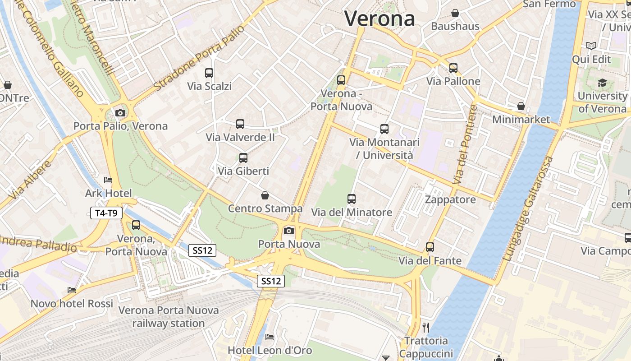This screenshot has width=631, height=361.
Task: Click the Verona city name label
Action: [380, 19]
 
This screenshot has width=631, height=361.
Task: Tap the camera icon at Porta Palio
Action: [120, 113]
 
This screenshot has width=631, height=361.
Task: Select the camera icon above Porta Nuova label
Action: [288, 231]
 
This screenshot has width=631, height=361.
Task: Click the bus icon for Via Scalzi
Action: [209, 73]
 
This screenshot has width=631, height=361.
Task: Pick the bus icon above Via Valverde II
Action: [240, 124]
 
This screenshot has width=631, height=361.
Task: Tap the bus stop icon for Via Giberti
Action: [243, 157]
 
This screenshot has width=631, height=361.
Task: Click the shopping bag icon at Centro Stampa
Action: [265, 195]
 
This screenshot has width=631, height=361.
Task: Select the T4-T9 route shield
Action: [106, 213]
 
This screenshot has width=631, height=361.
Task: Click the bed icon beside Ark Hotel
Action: [108, 180]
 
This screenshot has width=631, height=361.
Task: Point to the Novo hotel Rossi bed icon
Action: [72, 290]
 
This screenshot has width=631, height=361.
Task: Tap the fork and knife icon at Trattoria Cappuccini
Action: [425, 327]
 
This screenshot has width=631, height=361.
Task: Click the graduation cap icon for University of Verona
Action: [602, 83]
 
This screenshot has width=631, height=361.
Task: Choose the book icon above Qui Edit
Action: [591, 46]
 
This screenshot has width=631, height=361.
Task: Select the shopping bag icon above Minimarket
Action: [521, 106]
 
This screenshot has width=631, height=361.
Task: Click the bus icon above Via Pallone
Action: [453, 68]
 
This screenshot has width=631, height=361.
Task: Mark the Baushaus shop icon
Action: [455, 13]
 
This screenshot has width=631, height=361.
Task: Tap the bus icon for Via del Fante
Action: [430, 247]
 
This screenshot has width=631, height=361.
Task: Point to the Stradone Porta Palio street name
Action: [199, 58]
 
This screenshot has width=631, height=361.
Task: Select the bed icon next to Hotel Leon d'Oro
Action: [270, 337]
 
